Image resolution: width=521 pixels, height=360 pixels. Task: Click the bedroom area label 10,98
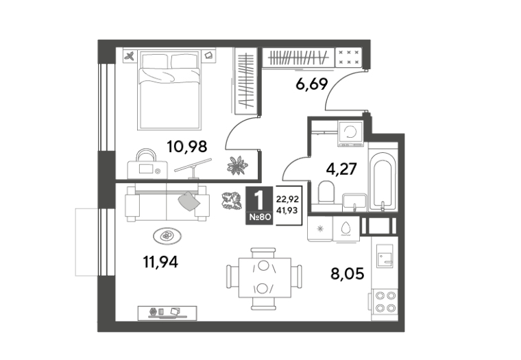click(x=186, y=146)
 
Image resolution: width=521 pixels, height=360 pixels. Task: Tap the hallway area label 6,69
click(x=312, y=84)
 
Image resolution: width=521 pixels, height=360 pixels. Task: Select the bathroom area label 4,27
click(x=341, y=169)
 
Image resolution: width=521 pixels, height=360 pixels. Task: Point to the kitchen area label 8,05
click(x=348, y=274)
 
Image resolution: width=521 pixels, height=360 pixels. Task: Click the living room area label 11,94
click(x=160, y=262)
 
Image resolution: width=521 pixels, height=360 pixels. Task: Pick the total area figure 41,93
click(x=287, y=211)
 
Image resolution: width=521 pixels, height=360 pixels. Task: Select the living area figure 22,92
click(x=287, y=200)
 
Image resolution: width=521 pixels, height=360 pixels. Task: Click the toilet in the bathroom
click(x=326, y=192)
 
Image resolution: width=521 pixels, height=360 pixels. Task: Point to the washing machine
click(x=350, y=133)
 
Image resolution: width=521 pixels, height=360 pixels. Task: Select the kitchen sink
click(x=385, y=256)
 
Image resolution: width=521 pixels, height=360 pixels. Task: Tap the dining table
click(x=265, y=278)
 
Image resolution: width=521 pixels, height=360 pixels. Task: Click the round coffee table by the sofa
click(x=167, y=236)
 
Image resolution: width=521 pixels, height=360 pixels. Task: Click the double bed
click(x=169, y=90)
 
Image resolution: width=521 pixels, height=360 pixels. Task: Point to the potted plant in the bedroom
click(x=237, y=165)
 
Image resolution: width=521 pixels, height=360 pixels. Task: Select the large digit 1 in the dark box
click(x=259, y=200)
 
